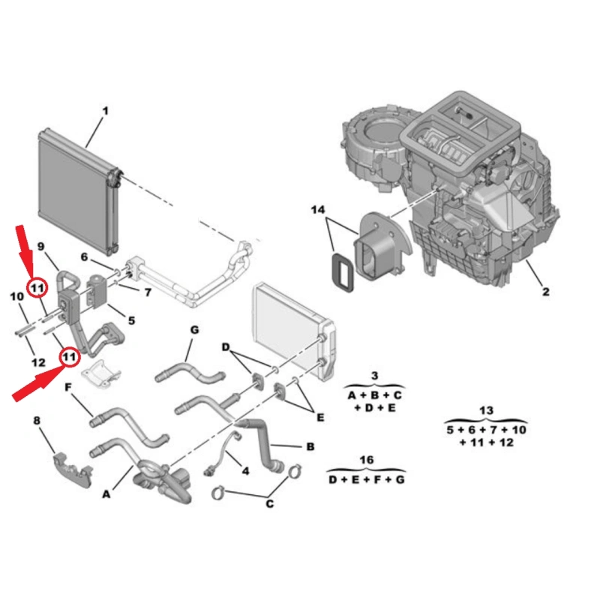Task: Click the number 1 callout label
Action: [x=105, y=111]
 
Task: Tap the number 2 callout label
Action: [x=546, y=292]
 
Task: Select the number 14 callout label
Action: [x=318, y=210]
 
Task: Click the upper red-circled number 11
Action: [x=37, y=287]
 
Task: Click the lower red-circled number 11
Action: [x=69, y=357]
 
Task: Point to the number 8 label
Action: [x=37, y=421]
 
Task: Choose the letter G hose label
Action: [x=194, y=330]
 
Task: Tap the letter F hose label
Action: [x=68, y=388]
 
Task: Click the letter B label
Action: [x=310, y=446]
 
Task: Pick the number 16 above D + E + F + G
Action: [x=367, y=460]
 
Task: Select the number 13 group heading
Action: [x=486, y=410]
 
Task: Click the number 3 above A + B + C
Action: [x=374, y=376]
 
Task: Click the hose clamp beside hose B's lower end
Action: [x=292, y=472]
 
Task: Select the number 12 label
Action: [x=38, y=362]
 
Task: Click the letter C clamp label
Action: [x=270, y=504]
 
